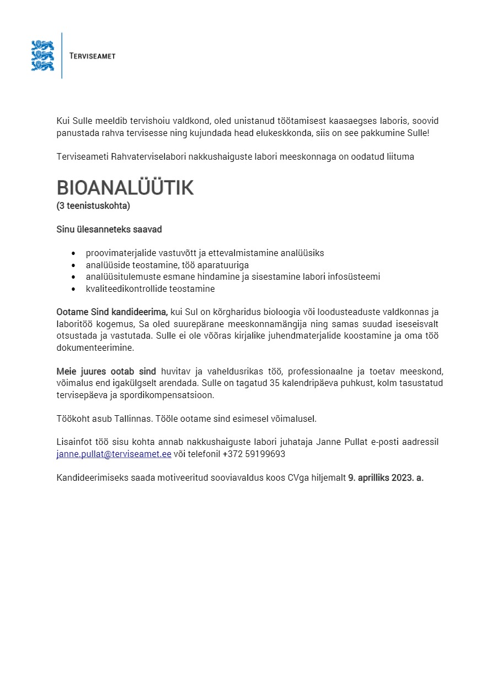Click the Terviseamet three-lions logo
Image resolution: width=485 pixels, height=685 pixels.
tap(43, 55)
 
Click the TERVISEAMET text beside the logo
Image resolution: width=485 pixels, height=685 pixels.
tap(92, 56)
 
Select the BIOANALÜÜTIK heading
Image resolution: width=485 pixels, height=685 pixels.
tap(125, 188)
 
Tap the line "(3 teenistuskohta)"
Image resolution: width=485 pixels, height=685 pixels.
tap(93, 206)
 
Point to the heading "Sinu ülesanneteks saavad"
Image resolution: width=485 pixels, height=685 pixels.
tap(109, 229)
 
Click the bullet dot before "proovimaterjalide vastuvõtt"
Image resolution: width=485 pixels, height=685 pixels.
tap(73, 253)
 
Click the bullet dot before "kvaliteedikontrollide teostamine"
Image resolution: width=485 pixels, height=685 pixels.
tap(73, 289)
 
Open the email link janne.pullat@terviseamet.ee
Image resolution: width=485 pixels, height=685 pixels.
tap(114, 454)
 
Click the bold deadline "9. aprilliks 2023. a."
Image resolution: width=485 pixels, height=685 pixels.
tap(386, 477)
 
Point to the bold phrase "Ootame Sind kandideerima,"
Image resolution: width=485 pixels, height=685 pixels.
tap(112, 312)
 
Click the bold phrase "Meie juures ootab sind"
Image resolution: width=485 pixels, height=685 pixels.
tap(106, 371)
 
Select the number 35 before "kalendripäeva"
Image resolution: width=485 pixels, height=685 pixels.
tap(275, 383)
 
